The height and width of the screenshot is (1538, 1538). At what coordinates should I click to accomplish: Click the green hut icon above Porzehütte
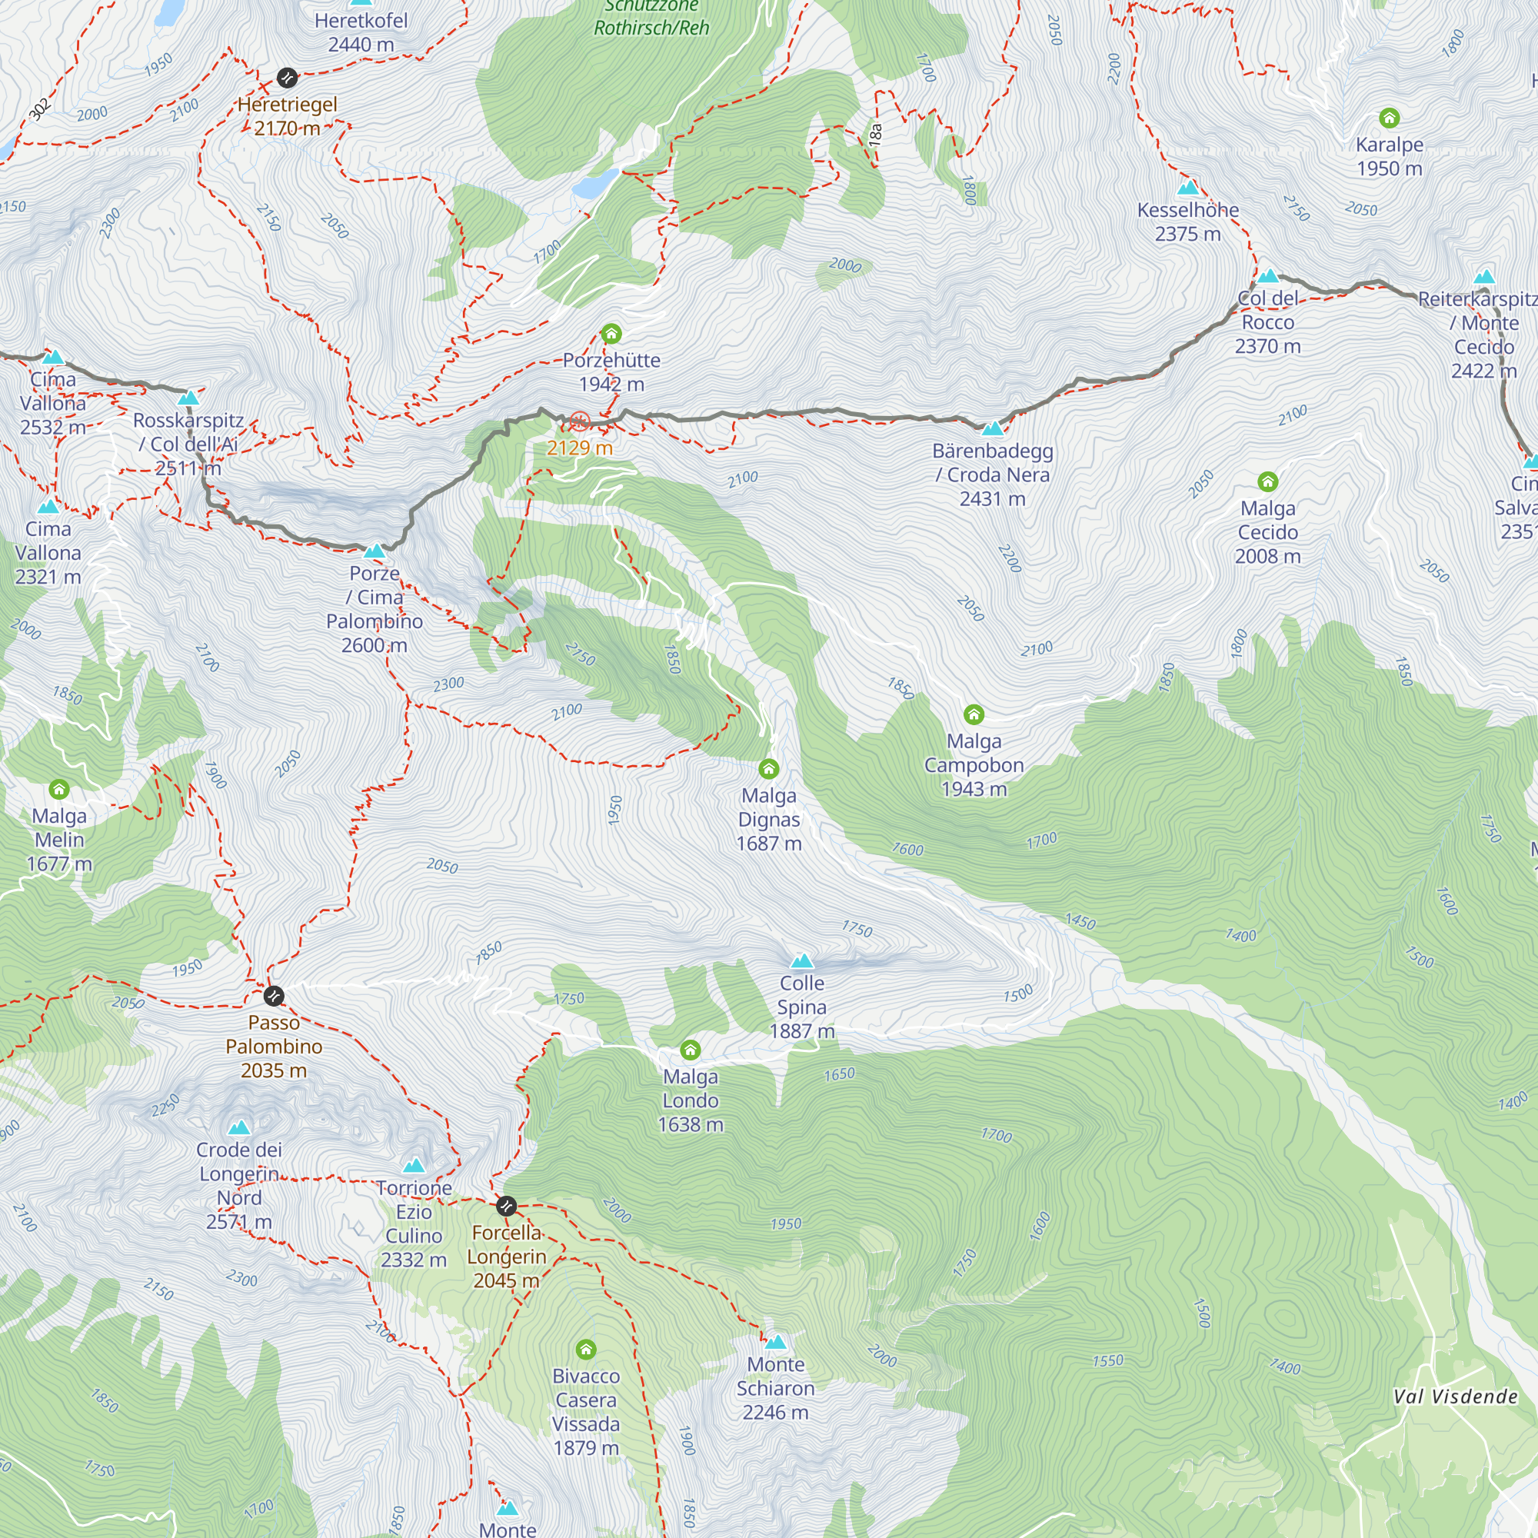pyautogui.click(x=611, y=334)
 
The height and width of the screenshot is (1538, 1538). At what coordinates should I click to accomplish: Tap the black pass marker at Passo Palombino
pyautogui.click(x=274, y=996)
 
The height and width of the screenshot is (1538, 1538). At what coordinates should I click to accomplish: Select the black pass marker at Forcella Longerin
pyautogui.click(x=506, y=1206)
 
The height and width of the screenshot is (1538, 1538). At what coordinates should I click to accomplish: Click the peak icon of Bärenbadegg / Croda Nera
pyautogui.click(x=993, y=429)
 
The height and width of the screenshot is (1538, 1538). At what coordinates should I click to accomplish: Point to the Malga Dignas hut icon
pyautogui.click(x=768, y=768)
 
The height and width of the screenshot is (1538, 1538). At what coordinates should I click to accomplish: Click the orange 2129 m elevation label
pyautogui.click(x=580, y=448)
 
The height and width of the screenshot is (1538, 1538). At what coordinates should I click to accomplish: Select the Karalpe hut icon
pyautogui.click(x=1389, y=118)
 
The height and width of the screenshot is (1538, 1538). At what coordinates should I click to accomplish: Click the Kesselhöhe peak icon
pyautogui.click(x=1188, y=188)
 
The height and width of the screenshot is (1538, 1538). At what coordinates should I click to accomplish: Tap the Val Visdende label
pyautogui.click(x=1455, y=1397)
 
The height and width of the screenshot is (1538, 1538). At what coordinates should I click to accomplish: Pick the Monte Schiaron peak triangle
pyautogui.click(x=775, y=1342)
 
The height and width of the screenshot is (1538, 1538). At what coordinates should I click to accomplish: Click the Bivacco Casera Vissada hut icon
pyautogui.click(x=586, y=1349)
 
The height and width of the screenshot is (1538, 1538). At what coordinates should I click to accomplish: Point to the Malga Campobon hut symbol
pyautogui.click(x=974, y=714)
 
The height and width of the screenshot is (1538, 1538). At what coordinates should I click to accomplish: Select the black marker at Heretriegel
pyautogui.click(x=287, y=78)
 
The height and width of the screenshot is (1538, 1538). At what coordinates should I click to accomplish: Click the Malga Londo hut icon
pyautogui.click(x=691, y=1049)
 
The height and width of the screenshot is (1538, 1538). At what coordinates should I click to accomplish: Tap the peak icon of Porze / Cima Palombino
pyautogui.click(x=375, y=551)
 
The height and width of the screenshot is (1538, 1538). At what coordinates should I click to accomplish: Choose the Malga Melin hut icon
pyautogui.click(x=59, y=789)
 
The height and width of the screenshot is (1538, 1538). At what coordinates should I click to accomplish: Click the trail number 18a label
pyautogui.click(x=876, y=133)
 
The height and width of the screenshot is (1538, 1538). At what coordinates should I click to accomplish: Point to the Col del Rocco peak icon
pyautogui.click(x=1267, y=277)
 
